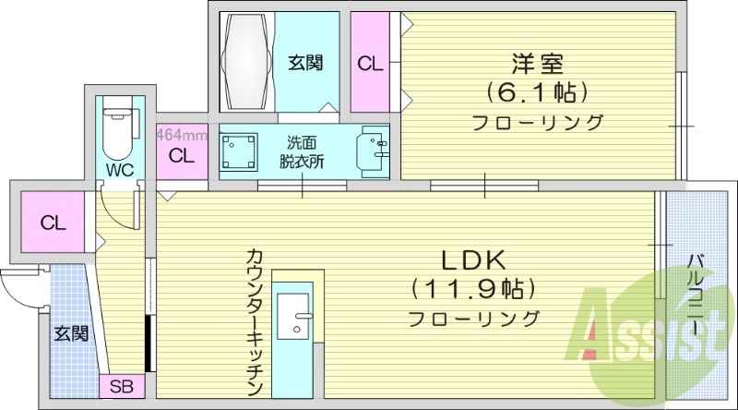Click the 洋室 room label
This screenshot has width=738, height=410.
[x=537, y=65]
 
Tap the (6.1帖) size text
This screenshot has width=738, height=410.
[x=537, y=92]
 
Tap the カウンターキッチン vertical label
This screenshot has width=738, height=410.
[x=256, y=323]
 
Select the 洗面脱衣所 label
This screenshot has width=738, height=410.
[x=303, y=151]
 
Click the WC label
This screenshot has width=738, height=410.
[x=119, y=171]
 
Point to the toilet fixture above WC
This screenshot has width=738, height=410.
[x=117, y=130]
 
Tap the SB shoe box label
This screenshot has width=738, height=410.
[x=121, y=387]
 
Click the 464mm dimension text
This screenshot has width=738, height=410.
[x=181, y=135]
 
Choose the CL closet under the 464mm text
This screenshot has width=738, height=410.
[x=182, y=156]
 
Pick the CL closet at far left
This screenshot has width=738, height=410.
[x=52, y=223]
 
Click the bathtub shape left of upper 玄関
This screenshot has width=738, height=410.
[x=245, y=60]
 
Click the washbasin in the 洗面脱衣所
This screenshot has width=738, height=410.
[x=374, y=149]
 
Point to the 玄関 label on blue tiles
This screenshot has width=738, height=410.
[x=70, y=332]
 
